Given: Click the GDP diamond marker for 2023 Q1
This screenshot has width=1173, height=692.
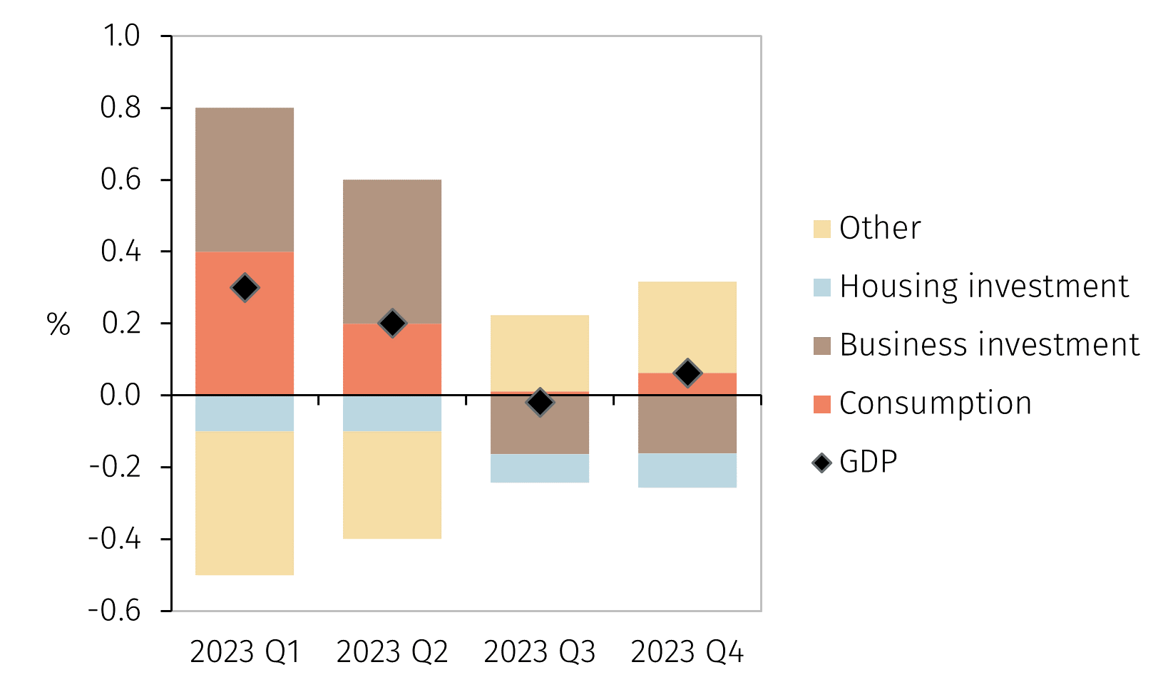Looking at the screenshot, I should [245, 288].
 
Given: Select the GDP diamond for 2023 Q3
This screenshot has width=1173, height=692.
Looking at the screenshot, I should [540, 403].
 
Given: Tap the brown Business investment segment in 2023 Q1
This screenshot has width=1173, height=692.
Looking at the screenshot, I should [245, 180].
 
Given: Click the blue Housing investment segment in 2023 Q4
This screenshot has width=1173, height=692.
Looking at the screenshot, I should [687, 470].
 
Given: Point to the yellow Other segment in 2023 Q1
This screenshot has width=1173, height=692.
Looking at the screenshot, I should [245, 503].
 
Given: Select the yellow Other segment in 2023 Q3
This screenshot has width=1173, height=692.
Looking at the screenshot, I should [540, 353].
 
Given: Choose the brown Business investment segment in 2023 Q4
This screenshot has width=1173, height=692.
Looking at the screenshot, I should [687, 425].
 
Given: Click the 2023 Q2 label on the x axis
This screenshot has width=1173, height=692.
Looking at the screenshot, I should [392, 652].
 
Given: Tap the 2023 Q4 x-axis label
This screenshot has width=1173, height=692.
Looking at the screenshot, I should [687, 652].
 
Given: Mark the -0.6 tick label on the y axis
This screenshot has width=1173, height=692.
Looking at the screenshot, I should [115, 611].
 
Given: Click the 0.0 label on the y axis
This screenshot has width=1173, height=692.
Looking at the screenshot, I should [121, 395].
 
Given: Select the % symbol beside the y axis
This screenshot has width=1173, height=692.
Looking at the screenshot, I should [58, 325].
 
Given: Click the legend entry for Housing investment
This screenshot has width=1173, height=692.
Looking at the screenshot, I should [984, 286].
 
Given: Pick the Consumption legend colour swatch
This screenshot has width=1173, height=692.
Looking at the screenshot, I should [822, 404].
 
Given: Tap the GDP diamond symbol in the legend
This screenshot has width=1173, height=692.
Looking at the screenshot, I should [822, 463].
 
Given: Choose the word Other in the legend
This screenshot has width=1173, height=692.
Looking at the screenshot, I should [880, 228].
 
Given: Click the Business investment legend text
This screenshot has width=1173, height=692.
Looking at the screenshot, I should [990, 345].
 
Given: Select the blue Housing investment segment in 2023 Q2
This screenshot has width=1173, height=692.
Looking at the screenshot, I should [392, 413].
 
